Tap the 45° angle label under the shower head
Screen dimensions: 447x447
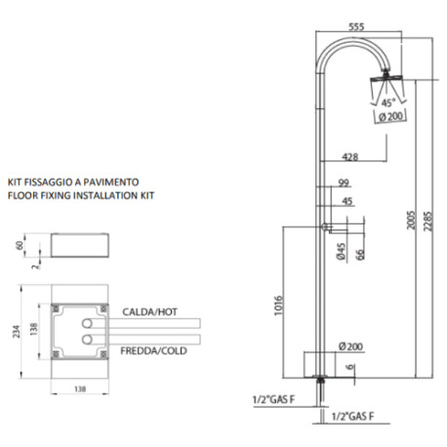(x=387, y=102)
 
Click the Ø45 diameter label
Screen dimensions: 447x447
(x=342, y=251)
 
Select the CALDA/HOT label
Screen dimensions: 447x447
(x=151, y=310)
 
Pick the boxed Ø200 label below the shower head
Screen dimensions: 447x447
(x=389, y=117)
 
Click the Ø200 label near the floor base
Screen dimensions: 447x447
(x=349, y=346)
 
